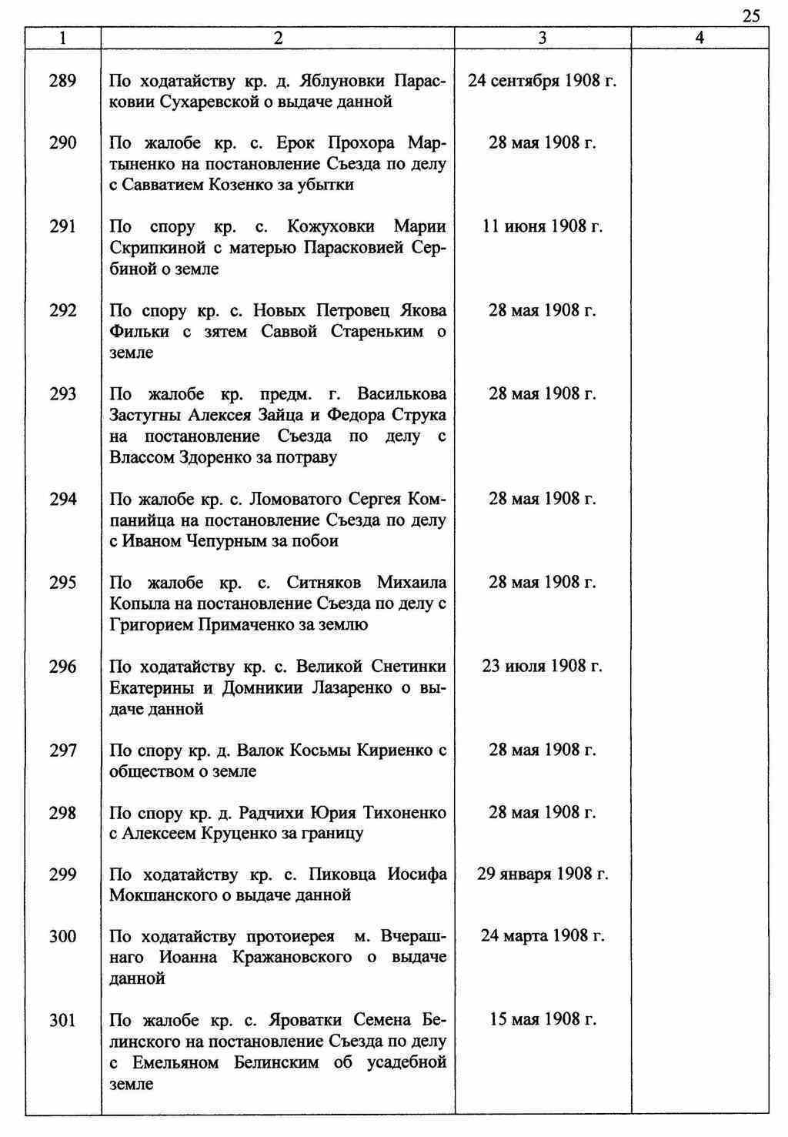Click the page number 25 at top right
(x=751, y=15)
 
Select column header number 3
(x=543, y=38)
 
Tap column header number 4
(x=699, y=38)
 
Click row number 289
(x=62, y=80)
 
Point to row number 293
(x=62, y=394)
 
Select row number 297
(x=62, y=750)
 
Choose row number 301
(x=62, y=1020)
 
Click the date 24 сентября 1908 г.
(x=543, y=80)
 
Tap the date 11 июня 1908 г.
(x=543, y=226)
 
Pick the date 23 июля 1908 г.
(x=543, y=666)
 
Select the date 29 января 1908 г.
(x=543, y=874)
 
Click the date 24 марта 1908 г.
(x=543, y=936)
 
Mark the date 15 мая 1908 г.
(x=543, y=1020)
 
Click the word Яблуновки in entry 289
(x=343, y=80)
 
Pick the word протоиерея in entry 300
(x=289, y=936)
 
